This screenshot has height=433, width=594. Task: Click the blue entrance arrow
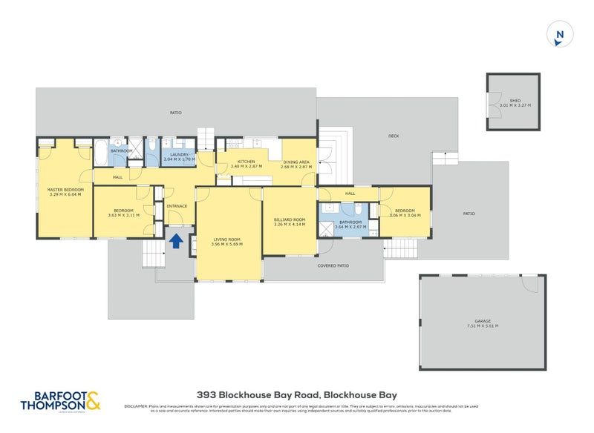(176, 240)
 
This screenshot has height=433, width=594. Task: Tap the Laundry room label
(179, 156)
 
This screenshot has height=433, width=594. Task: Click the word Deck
(394, 136)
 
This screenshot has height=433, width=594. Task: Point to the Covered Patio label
(333, 265)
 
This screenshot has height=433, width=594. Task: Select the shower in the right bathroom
(326, 228)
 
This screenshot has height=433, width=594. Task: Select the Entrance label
(177, 206)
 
